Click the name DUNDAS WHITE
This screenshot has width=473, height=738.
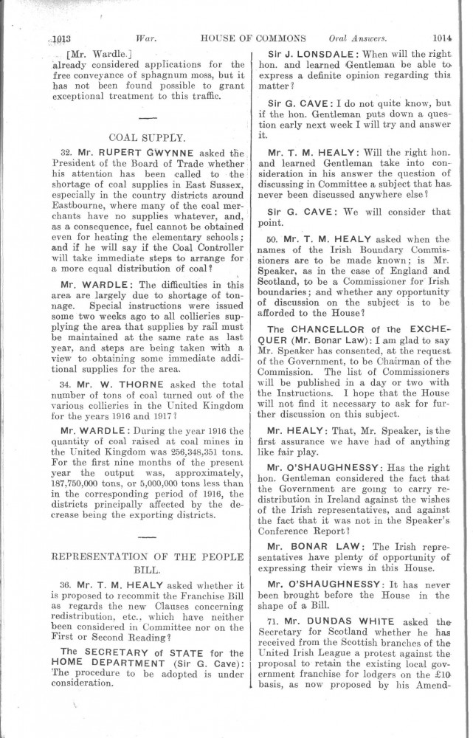(x=352, y=620)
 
